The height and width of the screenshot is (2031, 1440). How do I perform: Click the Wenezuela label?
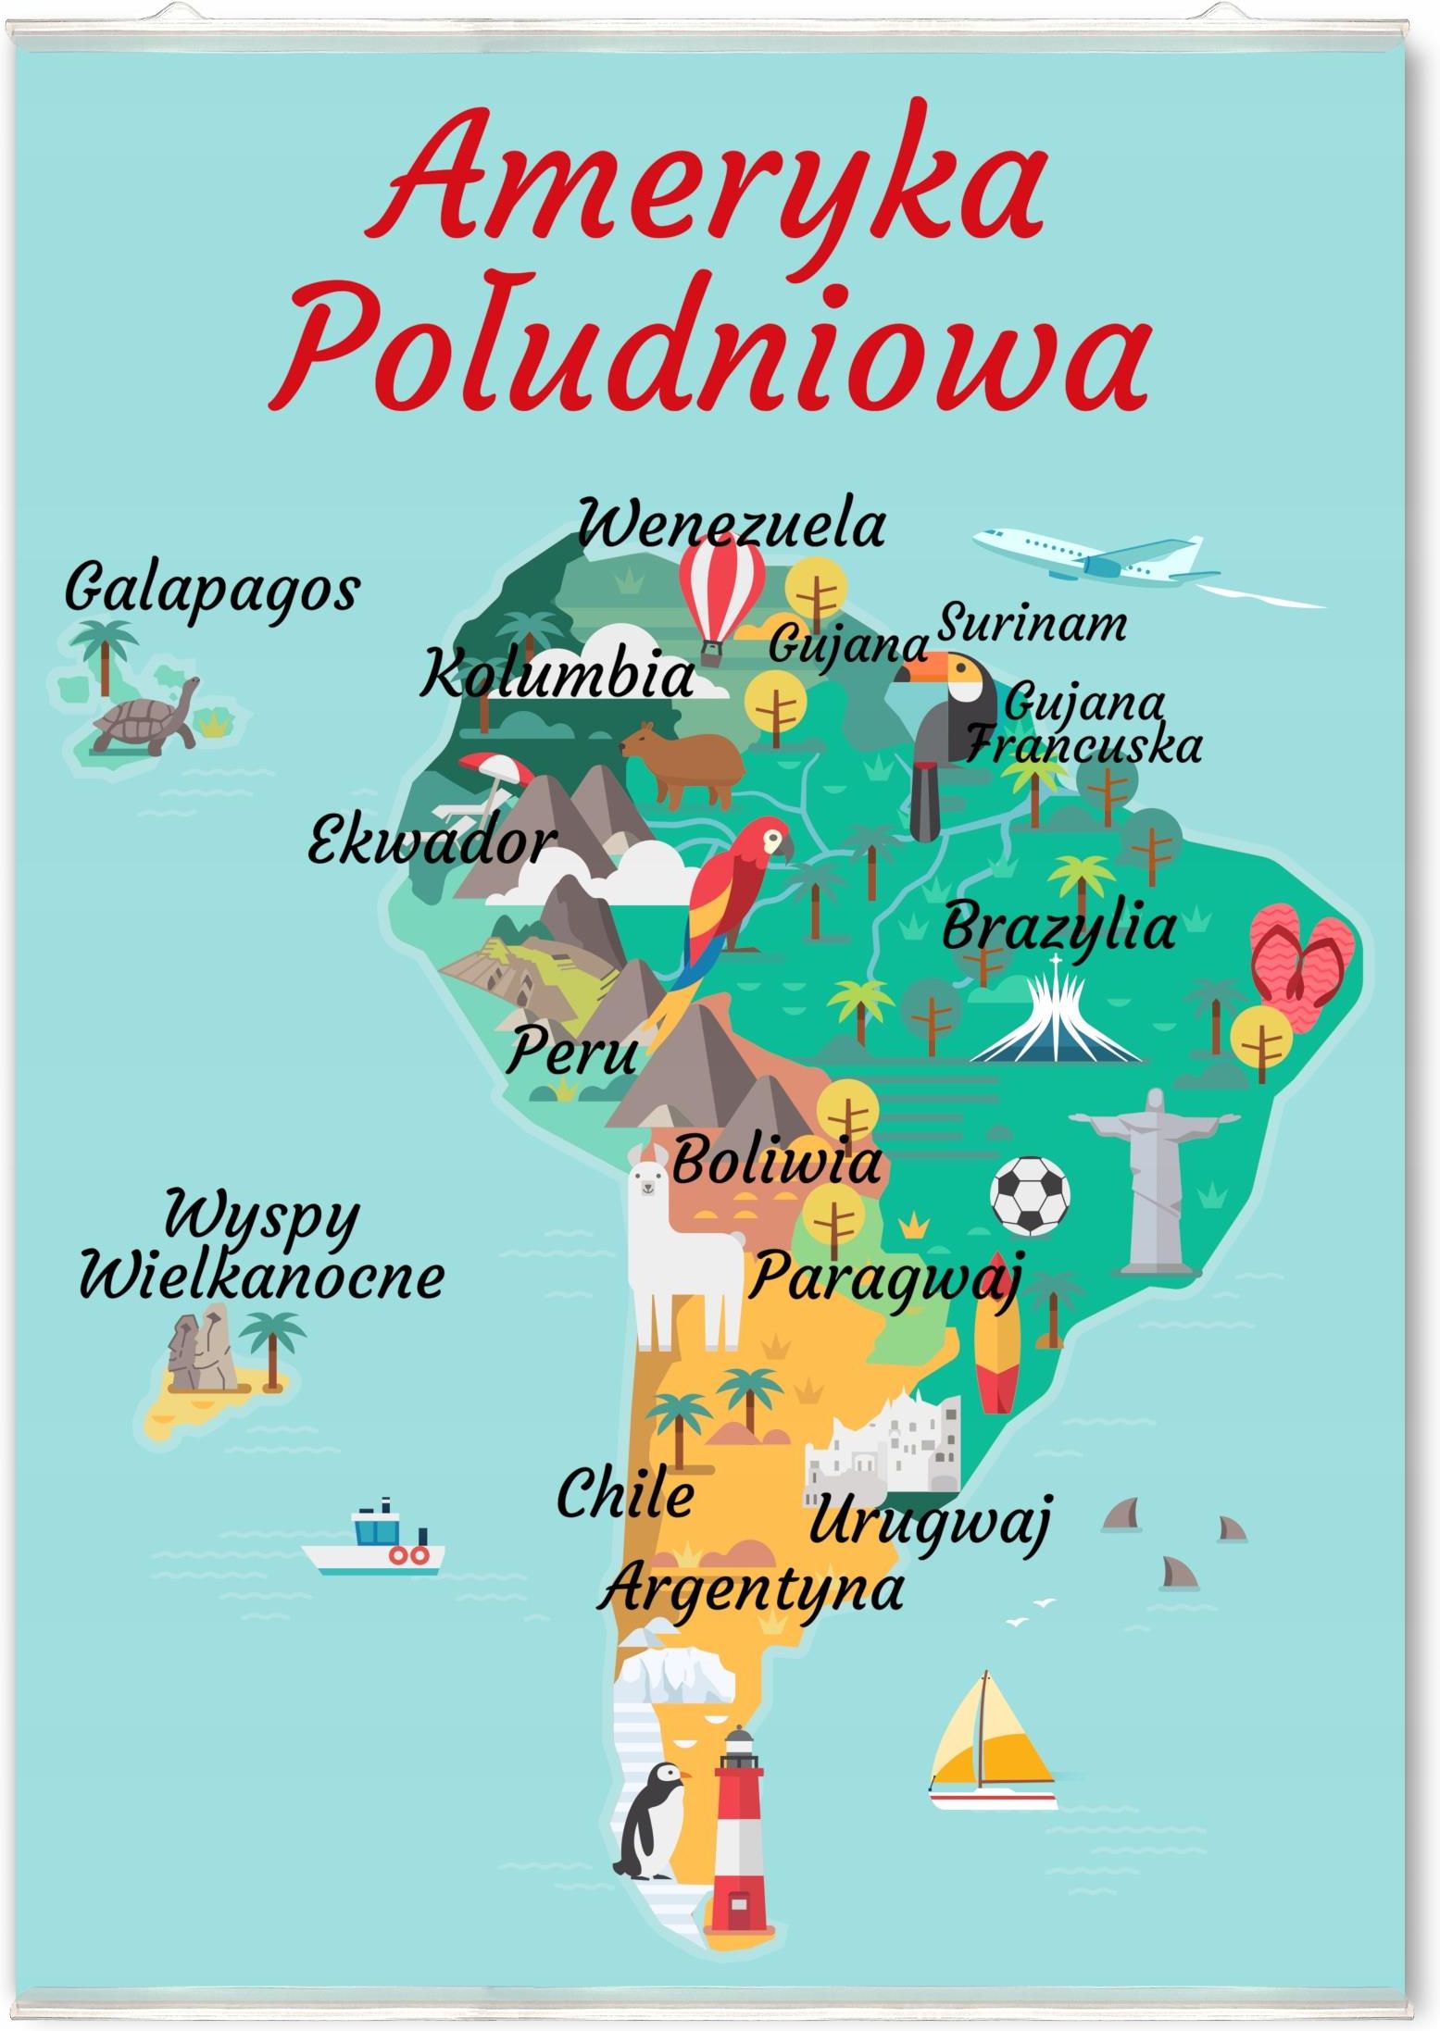(x=732, y=526)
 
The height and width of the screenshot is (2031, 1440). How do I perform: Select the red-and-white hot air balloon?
(x=721, y=595)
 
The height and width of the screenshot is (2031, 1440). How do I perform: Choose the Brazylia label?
(x=1058, y=928)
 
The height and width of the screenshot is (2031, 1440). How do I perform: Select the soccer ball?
(x=1030, y=1194)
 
